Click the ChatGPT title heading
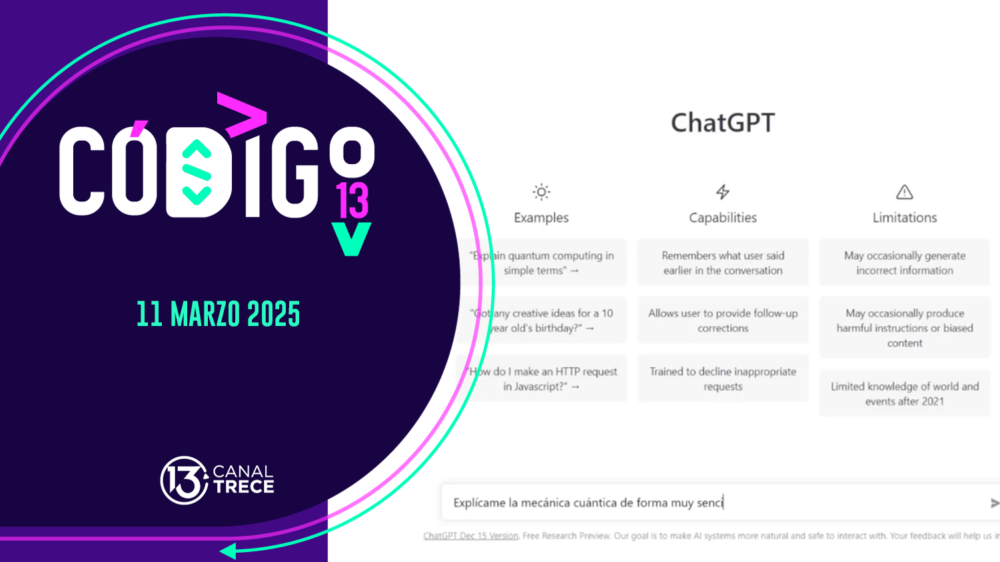[723, 123]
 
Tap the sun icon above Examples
[541, 192]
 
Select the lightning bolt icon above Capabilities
[723, 192]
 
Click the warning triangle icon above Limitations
[904, 192]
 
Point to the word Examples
[541, 218]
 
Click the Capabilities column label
[723, 218]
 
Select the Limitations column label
[904, 218]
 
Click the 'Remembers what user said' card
[723, 263]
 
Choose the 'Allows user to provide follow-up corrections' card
[723, 321]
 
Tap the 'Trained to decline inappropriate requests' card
[723, 379]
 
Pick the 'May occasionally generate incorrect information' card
[904, 263]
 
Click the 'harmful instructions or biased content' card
[904, 328]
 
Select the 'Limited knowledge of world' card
[904, 393]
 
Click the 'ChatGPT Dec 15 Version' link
[470, 536]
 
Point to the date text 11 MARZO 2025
[219, 315]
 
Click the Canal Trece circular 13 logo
[184, 480]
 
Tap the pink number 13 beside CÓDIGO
[352, 201]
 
